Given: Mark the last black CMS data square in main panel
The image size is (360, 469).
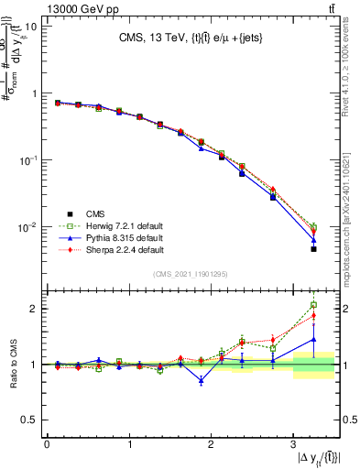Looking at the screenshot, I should coord(313,248).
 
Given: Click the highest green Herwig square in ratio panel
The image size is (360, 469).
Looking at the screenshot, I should coord(313,305).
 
